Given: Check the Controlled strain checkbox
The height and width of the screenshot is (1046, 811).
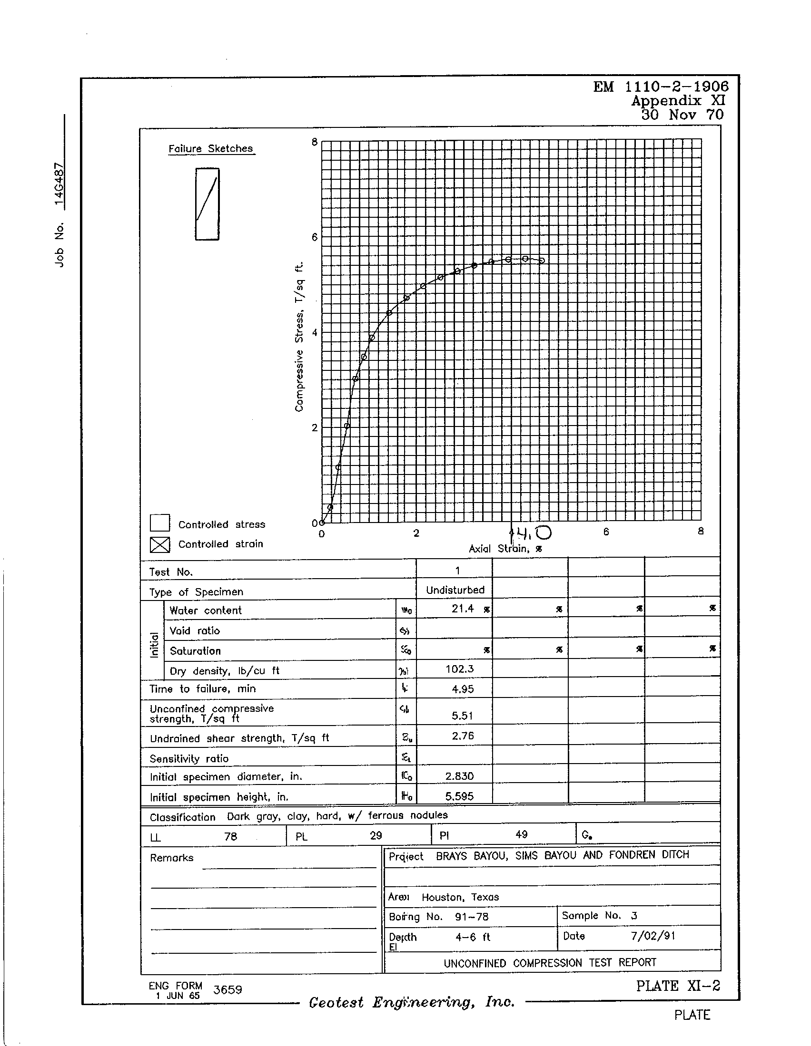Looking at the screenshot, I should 159,544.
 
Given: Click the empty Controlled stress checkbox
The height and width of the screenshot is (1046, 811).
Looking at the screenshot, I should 159,523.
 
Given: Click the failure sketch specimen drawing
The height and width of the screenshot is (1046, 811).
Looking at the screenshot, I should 207,204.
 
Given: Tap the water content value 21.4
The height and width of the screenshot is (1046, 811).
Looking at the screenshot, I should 463,609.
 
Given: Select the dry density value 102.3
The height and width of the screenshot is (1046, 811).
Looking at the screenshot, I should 459,669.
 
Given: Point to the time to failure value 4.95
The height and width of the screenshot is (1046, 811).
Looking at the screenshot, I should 462,689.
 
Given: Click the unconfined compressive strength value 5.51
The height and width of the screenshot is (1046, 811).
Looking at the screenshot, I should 462,716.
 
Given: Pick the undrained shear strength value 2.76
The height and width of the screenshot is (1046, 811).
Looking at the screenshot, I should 463,736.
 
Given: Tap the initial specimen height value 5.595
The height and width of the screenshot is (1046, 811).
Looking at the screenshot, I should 459,796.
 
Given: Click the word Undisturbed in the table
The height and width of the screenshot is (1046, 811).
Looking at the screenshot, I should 455,590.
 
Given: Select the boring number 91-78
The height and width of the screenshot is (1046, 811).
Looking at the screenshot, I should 472,917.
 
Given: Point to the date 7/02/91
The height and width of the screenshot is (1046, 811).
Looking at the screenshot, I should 653,936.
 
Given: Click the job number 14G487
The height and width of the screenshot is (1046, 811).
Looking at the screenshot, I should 59,184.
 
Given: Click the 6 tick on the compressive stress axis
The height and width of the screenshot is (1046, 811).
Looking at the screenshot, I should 315,237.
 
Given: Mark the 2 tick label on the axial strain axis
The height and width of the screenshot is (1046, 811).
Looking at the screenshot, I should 416,533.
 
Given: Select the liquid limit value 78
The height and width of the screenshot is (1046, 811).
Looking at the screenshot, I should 230,836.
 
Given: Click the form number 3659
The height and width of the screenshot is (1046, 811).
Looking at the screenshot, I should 227,989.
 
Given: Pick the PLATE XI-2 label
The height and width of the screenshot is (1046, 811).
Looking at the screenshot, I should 678,986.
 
